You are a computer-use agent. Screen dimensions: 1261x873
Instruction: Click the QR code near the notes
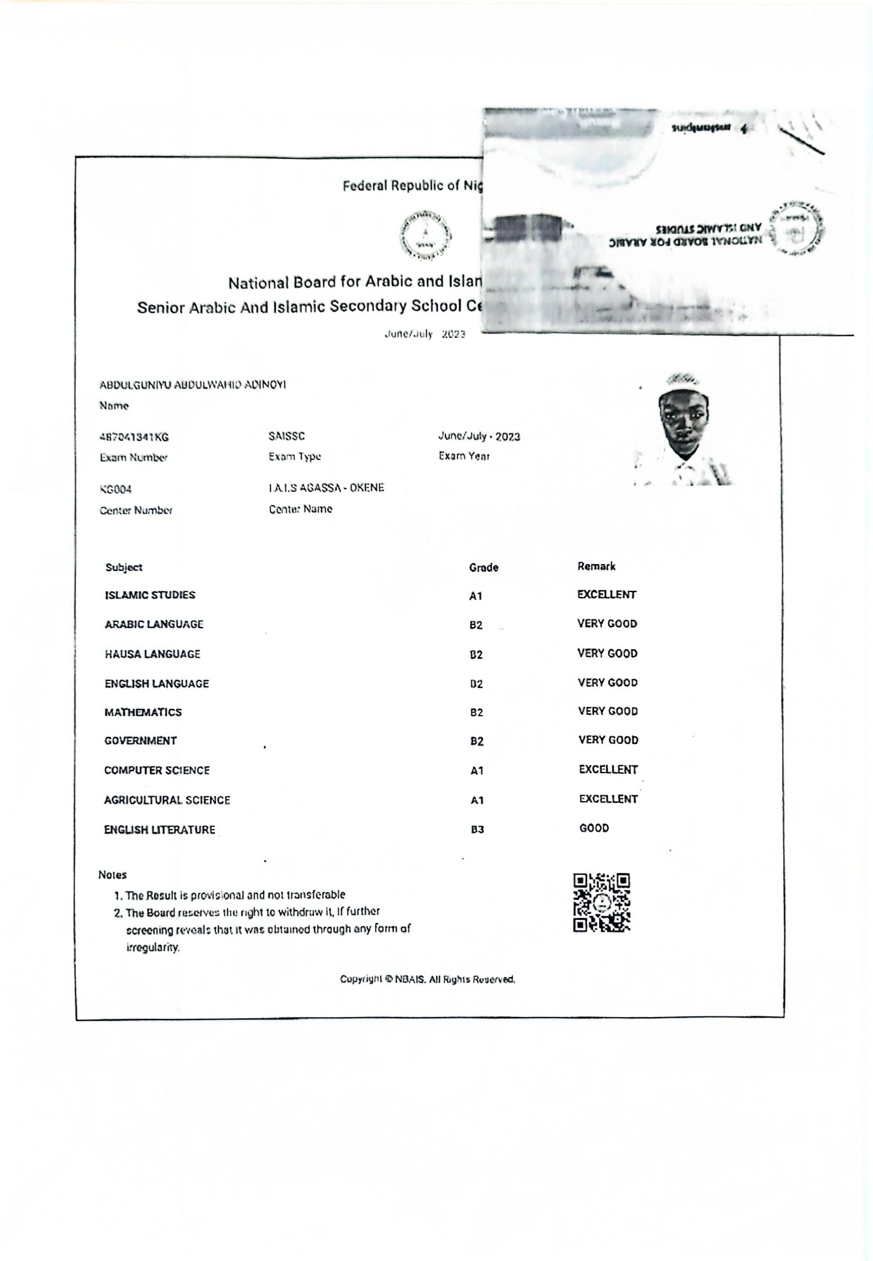pos(601,902)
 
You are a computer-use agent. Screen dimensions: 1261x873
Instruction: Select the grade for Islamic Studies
pos(476,596)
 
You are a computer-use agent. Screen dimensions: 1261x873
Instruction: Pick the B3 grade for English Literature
pos(477,830)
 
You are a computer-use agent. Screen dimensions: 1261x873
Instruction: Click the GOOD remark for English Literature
pos(594,828)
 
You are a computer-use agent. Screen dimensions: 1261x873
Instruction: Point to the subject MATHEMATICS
pos(143,712)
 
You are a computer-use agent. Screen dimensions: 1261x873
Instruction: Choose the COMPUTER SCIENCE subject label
pos(157,771)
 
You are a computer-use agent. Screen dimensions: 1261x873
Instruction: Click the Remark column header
pos(596,566)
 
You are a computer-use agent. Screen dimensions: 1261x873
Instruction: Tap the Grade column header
pos(484,567)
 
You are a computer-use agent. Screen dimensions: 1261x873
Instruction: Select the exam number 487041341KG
pos(134,437)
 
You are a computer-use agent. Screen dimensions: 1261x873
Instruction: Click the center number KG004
pos(116,490)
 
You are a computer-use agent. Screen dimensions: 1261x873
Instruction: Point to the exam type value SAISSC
pos(287,436)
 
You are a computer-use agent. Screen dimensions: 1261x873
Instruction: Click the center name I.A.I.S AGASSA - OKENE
pos(326,488)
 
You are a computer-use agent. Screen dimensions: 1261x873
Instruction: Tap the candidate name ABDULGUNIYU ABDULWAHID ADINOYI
pos(193,385)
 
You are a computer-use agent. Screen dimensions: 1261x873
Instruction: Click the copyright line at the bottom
pos(427,980)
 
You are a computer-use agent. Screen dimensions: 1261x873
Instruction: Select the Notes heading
pos(112,875)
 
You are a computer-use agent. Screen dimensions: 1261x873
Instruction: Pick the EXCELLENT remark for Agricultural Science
pos(608,799)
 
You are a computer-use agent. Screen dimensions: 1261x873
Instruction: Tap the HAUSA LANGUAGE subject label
pos(152,654)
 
